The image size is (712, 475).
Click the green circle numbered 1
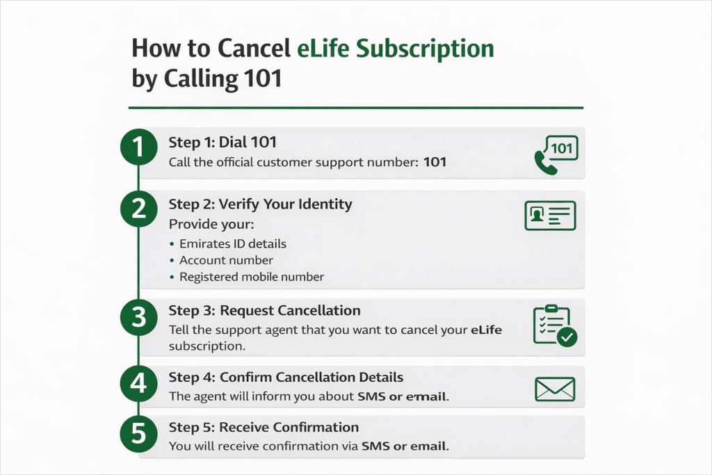pyautogui.click(x=139, y=147)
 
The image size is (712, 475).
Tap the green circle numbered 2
pyautogui.click(x=139, y=211)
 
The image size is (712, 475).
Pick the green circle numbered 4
pyautogui.click(x=139, y=384)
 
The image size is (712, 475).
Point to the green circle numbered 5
pyautogui.click(x=139, y=435)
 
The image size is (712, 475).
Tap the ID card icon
pyautogui.click(x=549, y=216)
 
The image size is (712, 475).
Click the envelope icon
pyautogui.click(x=555, y=389)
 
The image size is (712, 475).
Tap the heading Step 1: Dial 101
pyautogui.click(x=222, y=143)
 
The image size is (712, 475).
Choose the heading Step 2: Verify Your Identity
pyautogui.click(x=260, y=204)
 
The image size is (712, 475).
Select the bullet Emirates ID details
pyautogui.click(x=233, y=244)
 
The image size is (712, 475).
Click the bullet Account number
pyautogui.click(x=226, y=260)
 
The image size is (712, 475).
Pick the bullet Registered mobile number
pyautogui.click(x=252, y=277)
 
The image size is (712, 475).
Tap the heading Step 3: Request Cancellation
pyautogui.click(x=264, y=310)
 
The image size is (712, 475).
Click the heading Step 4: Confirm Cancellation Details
pyautogui.click(x=286, y=378)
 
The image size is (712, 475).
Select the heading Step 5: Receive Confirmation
pyautogui.click(x=264, y=427)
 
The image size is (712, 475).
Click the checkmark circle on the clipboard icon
pyautogui.click(x=567, y=338)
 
